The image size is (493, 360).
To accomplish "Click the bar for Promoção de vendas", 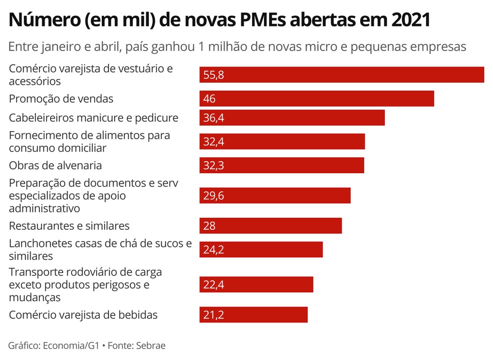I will click(316, 99).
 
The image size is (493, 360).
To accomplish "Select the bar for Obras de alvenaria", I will click(282, 165).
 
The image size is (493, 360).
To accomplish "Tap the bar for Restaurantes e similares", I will click(271, 226).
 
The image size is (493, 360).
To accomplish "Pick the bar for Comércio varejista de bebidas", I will click(254, 315).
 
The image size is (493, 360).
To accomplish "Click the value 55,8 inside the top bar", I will click(213, 75).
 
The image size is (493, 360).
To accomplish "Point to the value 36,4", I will click(213, 118).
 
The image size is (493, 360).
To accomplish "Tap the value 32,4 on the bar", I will click(213, 142).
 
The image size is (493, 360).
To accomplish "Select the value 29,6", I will click(213, 196).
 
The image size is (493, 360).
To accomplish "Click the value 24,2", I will click(213, 249).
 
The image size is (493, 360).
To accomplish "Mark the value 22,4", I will click(213, 284).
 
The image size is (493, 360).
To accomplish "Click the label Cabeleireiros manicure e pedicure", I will click(94, 118).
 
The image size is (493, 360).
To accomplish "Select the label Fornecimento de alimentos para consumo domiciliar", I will click(90, 142).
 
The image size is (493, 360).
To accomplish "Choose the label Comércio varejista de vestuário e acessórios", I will click(91, 75).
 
